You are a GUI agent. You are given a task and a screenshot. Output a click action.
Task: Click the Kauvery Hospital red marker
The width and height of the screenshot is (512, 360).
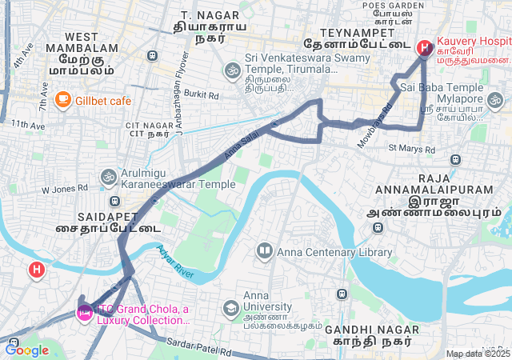click(423, 48)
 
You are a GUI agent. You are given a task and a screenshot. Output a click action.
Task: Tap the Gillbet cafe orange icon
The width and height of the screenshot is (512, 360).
click(62, 100)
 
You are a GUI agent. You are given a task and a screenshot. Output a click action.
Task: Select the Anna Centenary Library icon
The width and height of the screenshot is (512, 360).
click(264, 252)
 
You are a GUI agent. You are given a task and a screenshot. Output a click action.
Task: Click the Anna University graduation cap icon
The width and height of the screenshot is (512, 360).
click(230, 308)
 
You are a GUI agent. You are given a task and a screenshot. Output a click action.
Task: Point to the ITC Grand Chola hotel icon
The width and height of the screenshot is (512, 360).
click(83, 312)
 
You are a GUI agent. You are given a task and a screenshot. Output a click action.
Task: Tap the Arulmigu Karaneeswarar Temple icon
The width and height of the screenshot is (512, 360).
click(108, 175)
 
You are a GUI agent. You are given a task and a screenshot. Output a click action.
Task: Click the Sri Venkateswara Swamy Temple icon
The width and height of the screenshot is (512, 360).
click(232, 70)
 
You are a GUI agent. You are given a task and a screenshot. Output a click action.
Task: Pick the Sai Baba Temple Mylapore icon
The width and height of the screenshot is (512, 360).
click(495, 102)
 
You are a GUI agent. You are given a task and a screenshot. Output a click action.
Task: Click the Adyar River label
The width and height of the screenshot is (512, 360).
click(177, 262)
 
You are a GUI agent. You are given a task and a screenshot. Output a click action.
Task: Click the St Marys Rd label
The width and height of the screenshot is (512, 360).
click(411, 149)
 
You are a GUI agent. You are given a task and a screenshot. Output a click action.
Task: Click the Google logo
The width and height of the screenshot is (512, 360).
click(26, 350)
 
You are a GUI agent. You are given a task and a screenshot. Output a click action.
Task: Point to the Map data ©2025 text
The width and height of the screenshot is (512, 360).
click(478, 354)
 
